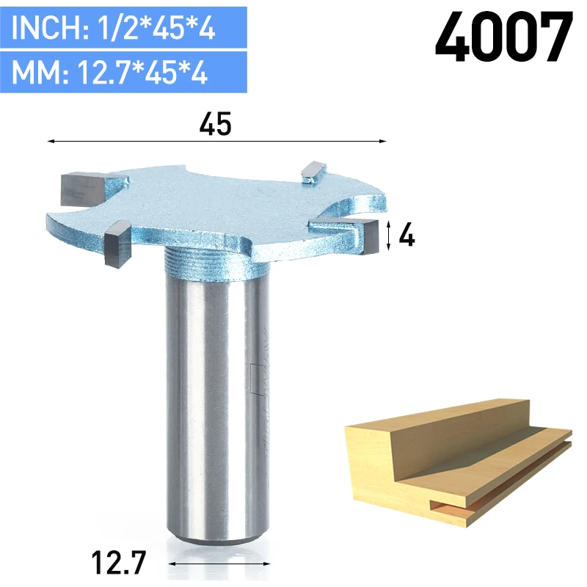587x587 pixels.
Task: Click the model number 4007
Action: pyautogui.click(x=504, y=37)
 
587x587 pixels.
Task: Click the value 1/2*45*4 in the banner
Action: pyautogui.click(x=156, y=27)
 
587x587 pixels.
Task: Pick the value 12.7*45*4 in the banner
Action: pyautogui.click(x=142, y=72)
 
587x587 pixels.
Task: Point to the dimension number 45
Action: pyautogui.click(x=215, y=124)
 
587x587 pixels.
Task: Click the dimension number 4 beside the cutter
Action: pyautogui.click(x=406, y=235)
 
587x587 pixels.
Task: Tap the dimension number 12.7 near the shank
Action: pyautogui.click(x=118, y=562)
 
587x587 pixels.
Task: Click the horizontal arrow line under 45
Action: pyautogui.click(x=216, y=141)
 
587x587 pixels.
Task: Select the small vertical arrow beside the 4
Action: pyautogui.click(x=389, y=236)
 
